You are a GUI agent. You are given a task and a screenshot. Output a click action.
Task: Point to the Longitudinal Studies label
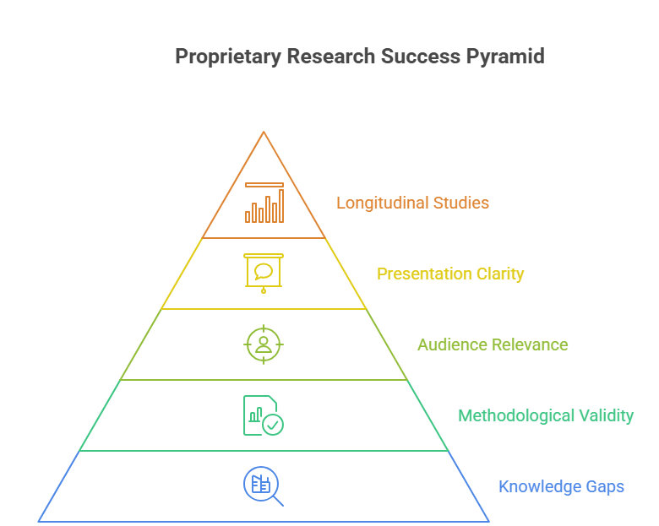pos(412,203)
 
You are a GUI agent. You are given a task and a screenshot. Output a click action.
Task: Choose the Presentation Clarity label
pos(450,274)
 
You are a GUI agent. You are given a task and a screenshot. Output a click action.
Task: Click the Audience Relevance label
pos(493,344)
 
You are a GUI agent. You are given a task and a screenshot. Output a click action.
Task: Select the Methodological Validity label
pos(546,415)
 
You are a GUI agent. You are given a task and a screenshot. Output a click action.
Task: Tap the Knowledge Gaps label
pos(561,486)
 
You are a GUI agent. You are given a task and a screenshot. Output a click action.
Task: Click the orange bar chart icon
pos(264,203)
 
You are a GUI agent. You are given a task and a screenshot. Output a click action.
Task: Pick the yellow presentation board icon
pos(264,273)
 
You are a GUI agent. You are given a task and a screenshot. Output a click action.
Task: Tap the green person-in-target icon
pos(264,344)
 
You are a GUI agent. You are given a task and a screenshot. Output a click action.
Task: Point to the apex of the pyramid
pos(264,133)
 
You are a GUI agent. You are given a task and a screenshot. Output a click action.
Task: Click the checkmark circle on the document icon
pos(273,425)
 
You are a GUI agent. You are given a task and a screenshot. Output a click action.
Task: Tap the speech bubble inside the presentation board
pos(264,271)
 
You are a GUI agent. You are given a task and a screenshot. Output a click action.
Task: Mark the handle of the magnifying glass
pos(277,500)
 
